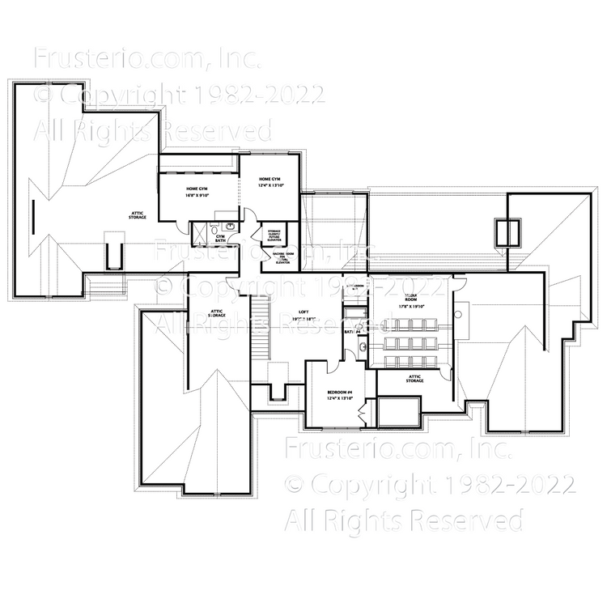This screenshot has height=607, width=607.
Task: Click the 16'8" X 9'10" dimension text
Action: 197,195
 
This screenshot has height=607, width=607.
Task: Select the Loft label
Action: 303,311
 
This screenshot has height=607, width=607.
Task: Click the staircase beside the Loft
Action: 260,329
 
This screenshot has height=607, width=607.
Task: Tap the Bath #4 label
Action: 352,332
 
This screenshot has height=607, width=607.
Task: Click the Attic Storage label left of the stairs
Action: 217,313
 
